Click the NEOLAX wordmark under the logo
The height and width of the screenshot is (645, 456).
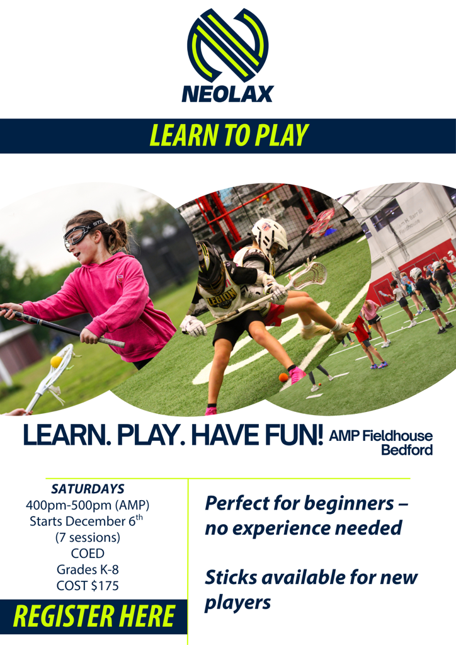pyautogui.click(x=228, y=93)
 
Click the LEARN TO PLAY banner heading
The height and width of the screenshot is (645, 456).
pyautogui.click(x=229, y=135)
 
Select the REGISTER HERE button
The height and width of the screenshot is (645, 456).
pyautogui.click(x=94, y=616)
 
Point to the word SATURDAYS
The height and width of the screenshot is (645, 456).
pyautogui.click(x=88, y=489)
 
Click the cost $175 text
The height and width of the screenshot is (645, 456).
pyautogui.click(x=88, y=585)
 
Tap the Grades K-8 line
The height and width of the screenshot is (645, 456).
pyautogui.click(x=88, y=569)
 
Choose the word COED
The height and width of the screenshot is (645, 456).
pyautogui.click(x=88, y=553)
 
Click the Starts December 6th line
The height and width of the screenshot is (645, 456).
pyautogui.click(x=86, y=520)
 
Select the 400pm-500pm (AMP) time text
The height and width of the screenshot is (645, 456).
pyautogui.click(x=88, y=505)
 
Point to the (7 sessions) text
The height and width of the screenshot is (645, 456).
pyautogui.click(x=88, y=537)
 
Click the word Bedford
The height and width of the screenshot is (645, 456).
pyautogui.click(x=407, y=450)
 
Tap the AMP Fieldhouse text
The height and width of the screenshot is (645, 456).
pyautogui.click(x=381, y=436)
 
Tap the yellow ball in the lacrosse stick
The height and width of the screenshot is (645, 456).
pyautogui.click(x=56, y=362)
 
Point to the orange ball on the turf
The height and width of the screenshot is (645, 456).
pyautogui.click(x=283, y=378)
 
